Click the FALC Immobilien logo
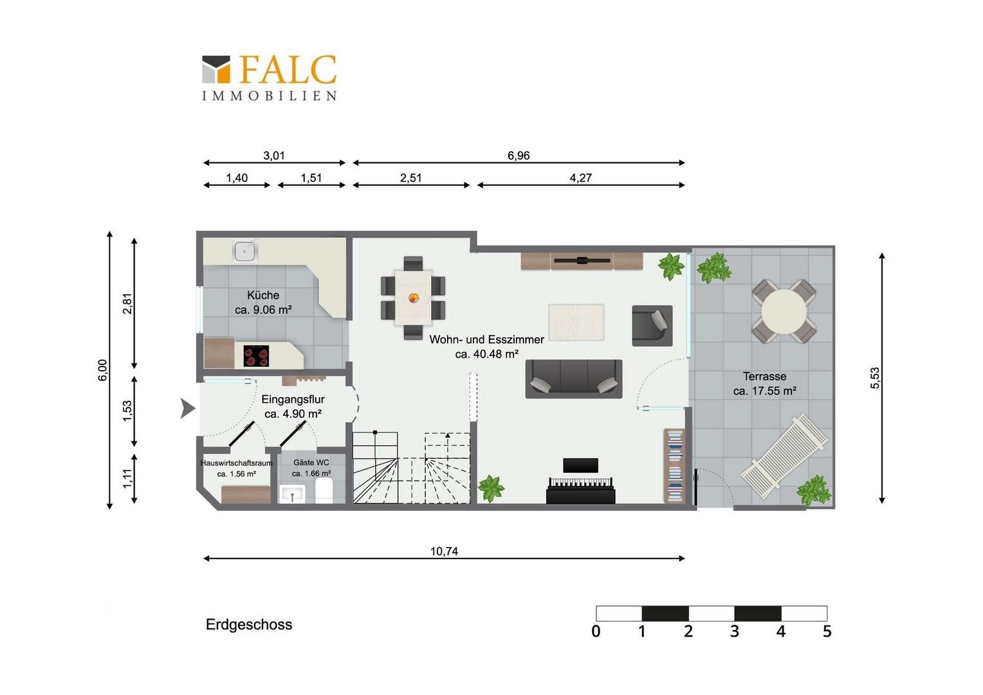[269, 78]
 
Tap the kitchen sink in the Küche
[245, 252]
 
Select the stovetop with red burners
[256, 356]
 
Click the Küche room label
[263, 302]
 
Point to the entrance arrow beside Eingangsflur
[187, 408]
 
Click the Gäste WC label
[311, 468]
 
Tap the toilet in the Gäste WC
[324, 490]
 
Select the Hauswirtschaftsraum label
[237, 468]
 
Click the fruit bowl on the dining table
[414, 298]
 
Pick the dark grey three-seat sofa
[574, 379]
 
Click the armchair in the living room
[652, 326]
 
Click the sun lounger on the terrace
[784, 456]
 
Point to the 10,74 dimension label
[444, 551]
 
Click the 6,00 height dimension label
[102, 370]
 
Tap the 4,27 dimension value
[580, 178]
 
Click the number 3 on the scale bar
[735, 631]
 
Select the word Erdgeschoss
[249, 624]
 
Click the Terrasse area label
[765, 384]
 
